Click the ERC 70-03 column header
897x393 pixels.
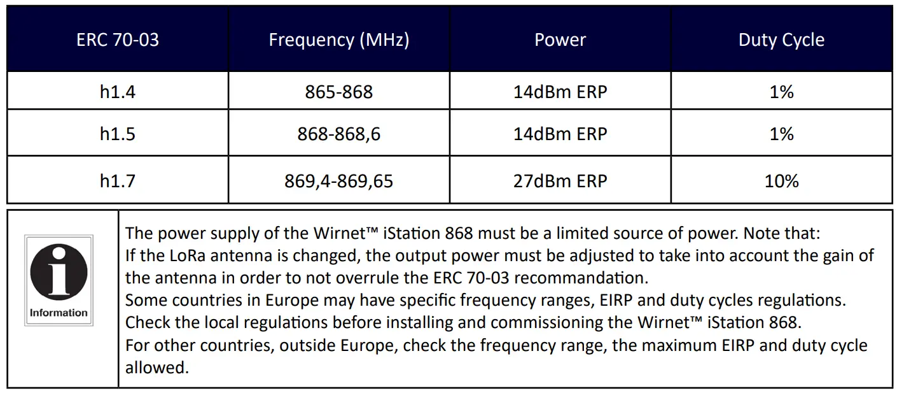click(x=118, y=40)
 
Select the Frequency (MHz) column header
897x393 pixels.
click(x=338, y=40)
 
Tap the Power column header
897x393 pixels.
click(x=560, y=40)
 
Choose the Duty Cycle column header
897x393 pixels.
click(x=781, y=40)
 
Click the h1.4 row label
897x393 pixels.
click(x=118, y=92)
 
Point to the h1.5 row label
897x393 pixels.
click(x=118, y=134)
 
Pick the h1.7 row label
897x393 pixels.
click(x=118, y=182)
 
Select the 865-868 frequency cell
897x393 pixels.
click(x=338, y=92)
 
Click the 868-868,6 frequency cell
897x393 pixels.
click(x=338, y=134)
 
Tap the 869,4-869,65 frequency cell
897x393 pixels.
click(x=338, y=182)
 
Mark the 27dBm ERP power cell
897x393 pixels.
click(x=560, y=182)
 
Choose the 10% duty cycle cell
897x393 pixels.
click(x=781, y=182)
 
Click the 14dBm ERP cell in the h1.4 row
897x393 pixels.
click(x=560, y=92)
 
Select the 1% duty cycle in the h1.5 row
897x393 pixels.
click(x=781, y=134)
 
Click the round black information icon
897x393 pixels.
click(x=59, y=273)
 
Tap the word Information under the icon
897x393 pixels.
click(x=59, y=313)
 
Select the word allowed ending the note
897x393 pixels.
click(x=156, y=368)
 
